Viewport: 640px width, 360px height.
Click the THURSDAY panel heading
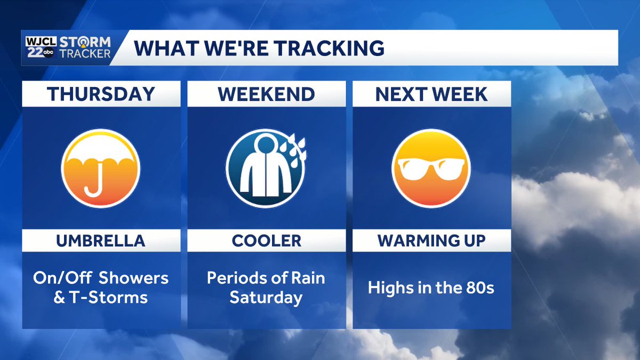pos(101,94)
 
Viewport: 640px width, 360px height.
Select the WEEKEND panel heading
pos(266,94)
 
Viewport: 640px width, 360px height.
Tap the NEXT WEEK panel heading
pos(431,94)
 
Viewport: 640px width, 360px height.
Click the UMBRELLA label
pos(101,241)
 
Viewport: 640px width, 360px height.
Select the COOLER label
pos(266,241)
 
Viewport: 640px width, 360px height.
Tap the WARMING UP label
pos(431,241)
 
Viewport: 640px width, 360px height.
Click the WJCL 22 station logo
pos(38,47)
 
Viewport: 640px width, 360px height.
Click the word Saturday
pos(266,297)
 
